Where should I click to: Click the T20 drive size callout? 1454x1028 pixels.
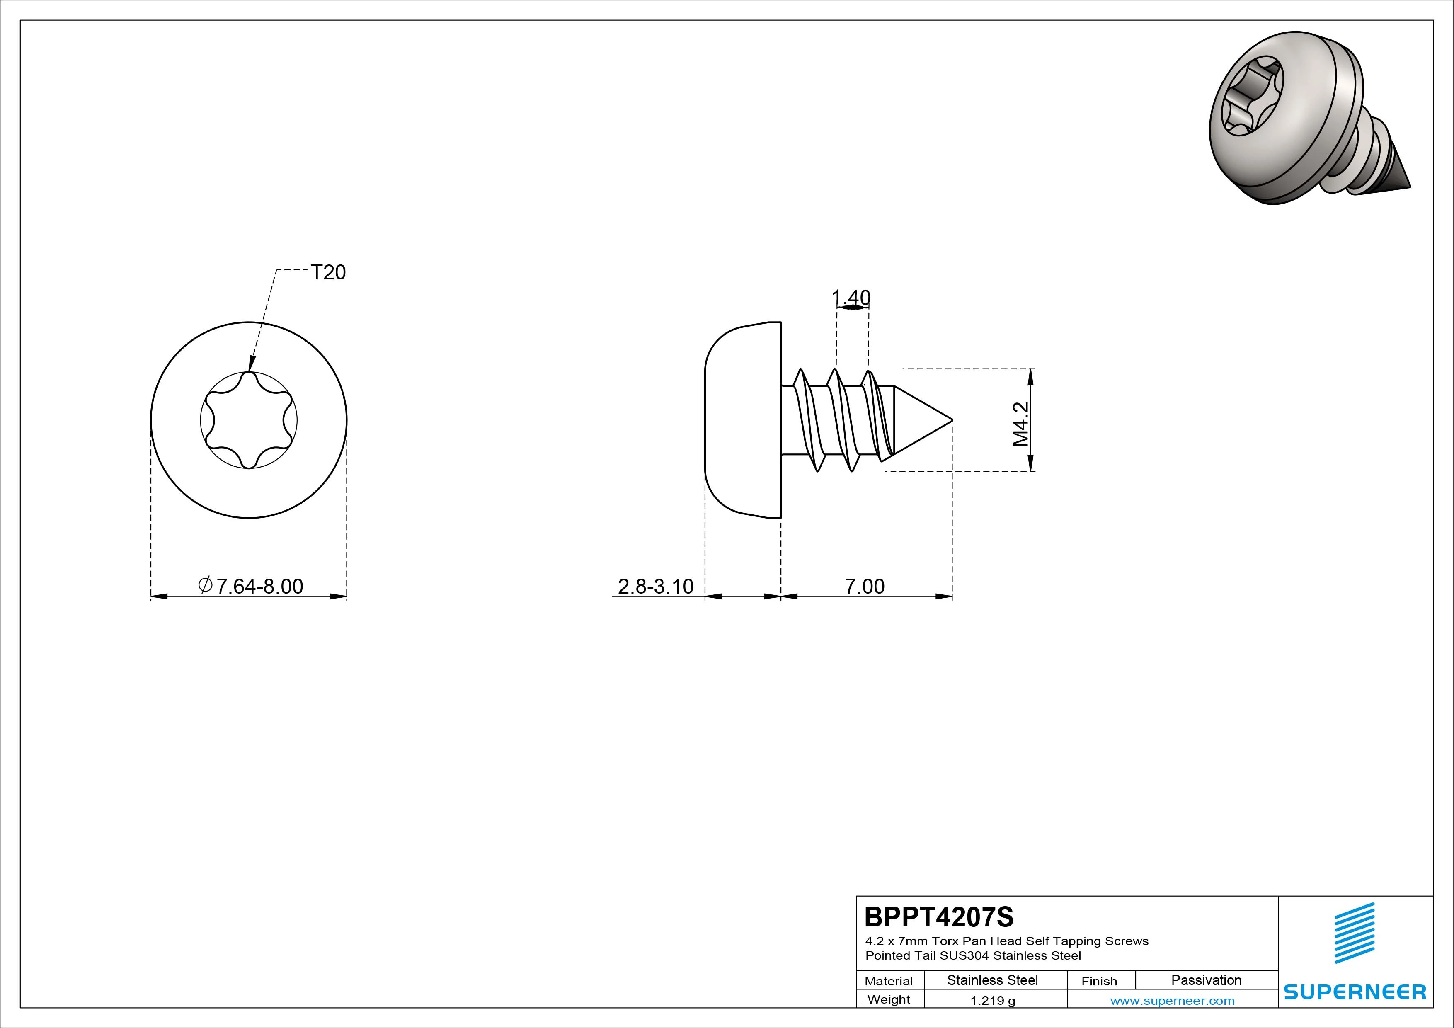tap(328, 272)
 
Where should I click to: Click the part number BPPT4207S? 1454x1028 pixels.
tap(938, 916)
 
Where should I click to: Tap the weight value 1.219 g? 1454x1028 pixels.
tap(992, 1001)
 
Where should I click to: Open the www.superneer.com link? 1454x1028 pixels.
tap(1172, 1001)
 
